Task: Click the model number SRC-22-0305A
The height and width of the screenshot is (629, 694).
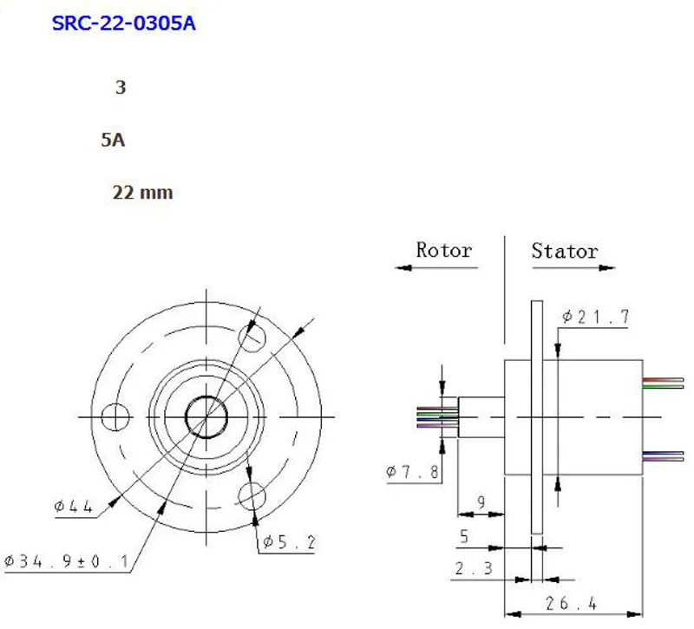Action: [123, 23]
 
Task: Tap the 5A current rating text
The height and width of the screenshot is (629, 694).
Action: [113, 140]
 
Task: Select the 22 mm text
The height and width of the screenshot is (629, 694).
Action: [142, 193]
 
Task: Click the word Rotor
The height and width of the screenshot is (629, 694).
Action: [444, 250]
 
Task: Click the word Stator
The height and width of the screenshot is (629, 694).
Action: [565, 251]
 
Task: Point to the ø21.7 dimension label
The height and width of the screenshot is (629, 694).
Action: [596, 317]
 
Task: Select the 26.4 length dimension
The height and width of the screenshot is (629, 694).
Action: [571, 603]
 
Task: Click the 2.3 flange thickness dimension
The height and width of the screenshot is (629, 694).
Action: [474, 568]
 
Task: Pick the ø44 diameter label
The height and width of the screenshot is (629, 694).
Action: [73, 507]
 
